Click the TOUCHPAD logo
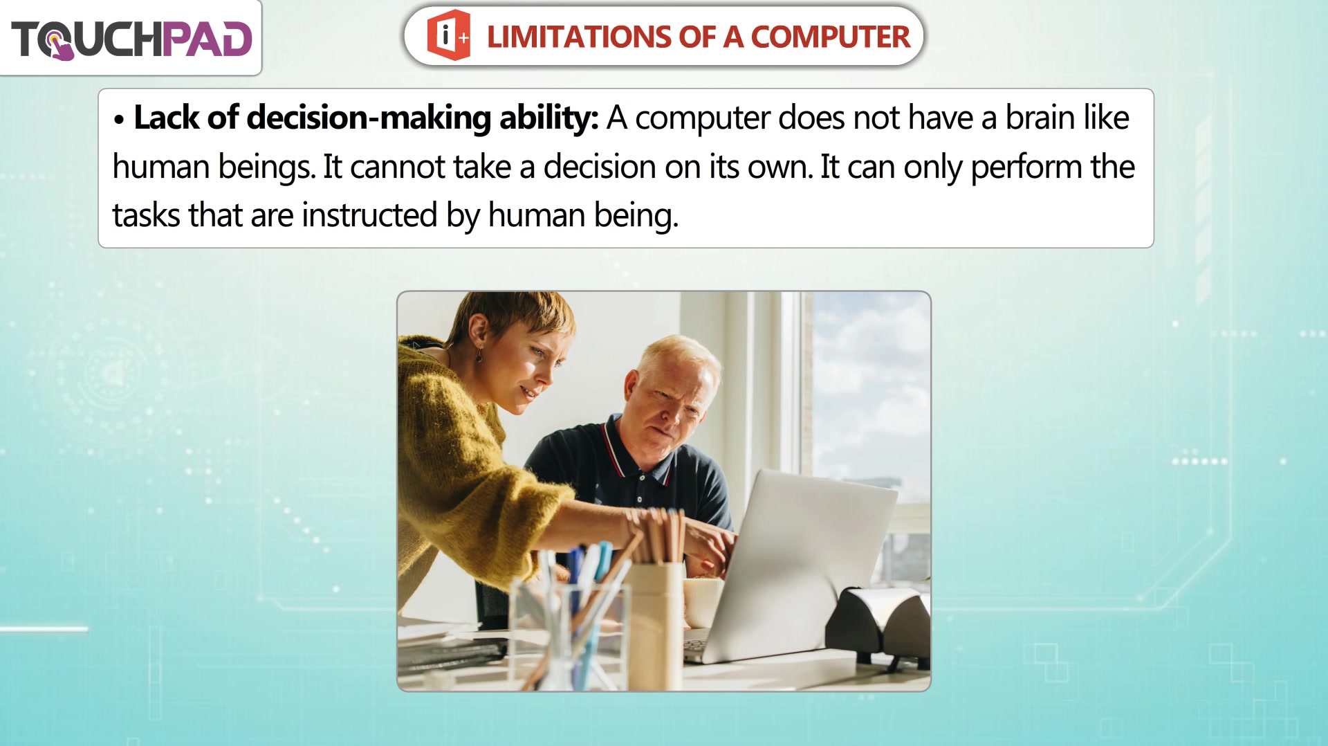(x=131, y=39)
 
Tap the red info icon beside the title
(x=448, y=35)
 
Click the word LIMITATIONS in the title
(x=578, y=37)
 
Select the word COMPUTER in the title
(x=830, y=37)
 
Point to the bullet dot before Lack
(x=119, y=120)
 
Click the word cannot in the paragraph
(x=398, y=167)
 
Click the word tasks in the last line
(x=146, y=215)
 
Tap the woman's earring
(x=478, y=355)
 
